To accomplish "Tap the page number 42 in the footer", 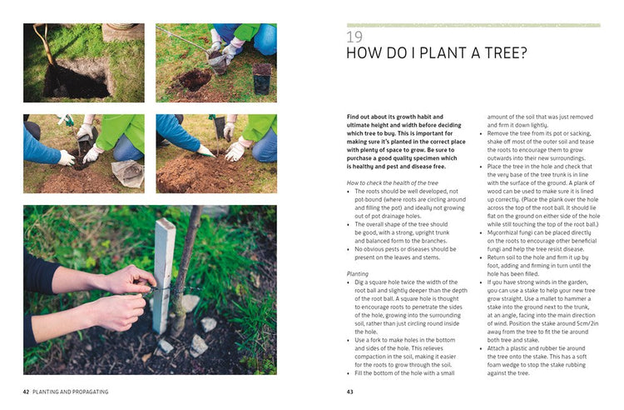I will [27, 391].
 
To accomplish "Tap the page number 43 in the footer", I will [350, 391].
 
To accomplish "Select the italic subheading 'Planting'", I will [359, 273].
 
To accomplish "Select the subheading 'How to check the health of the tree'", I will [392, 181].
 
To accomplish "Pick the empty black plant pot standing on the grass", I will [263, 81].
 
